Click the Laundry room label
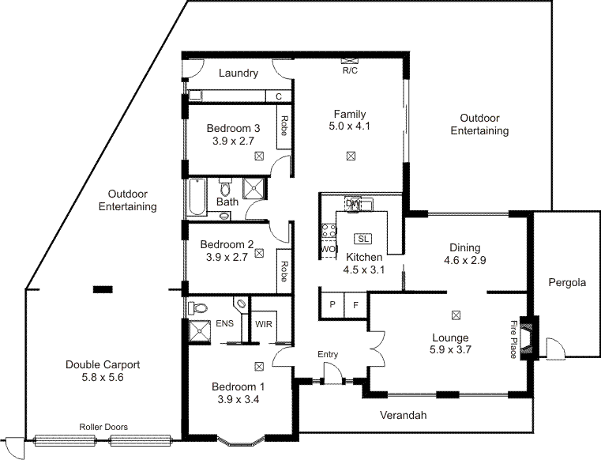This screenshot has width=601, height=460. point(239,74)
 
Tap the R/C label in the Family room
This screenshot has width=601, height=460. point(350,70)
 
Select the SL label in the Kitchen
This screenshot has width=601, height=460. point(363,239)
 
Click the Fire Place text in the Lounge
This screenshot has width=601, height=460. point(513,339)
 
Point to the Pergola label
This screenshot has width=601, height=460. point(568,282)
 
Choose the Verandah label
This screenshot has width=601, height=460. point(403,415)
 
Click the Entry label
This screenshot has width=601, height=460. point(328,355)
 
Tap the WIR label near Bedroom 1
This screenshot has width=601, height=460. point(263,323)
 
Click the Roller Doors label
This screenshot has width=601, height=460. point(103,427)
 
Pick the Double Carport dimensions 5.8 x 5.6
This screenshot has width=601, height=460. point(103,378)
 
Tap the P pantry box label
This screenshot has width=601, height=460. point(332,304)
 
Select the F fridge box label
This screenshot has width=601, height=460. point(355,304)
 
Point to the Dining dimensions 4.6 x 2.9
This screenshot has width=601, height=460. point(464,260)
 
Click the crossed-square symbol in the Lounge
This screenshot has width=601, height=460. point(456,315)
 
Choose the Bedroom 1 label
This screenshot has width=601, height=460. point(238,386)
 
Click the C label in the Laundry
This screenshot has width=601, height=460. point(278,96)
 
